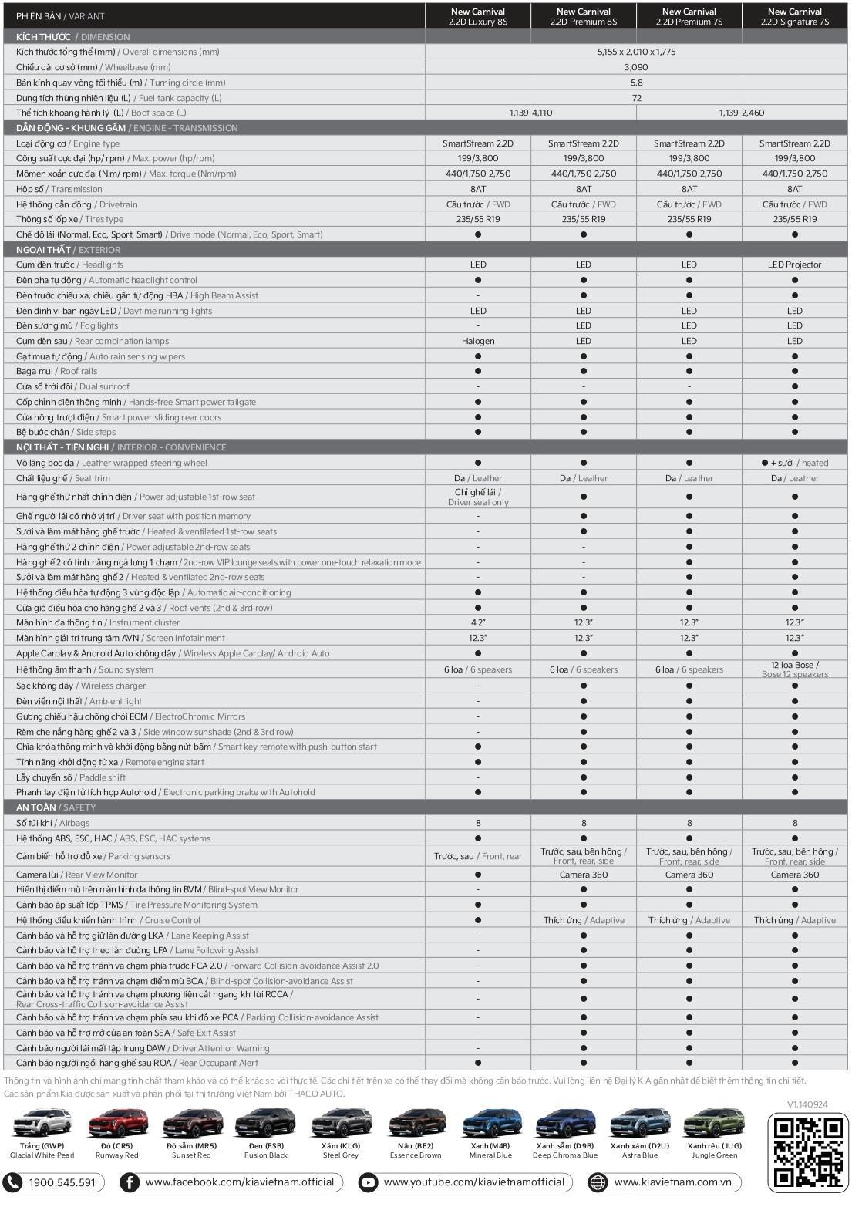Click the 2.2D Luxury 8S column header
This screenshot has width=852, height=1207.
[478, 16]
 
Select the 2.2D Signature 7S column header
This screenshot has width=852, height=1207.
[794, 16]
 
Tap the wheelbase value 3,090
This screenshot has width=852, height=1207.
[636, 67]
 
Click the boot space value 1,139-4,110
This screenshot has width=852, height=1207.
[530, 113]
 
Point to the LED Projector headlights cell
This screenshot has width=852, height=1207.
[794, 265]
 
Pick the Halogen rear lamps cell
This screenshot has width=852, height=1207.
[478, 341]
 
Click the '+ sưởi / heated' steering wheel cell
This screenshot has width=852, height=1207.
[794, 463]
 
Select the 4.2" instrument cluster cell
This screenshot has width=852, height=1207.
[478, 622]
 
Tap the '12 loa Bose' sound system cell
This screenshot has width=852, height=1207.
[794, 669]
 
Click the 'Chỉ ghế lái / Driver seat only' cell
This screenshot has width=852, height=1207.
[478, 497]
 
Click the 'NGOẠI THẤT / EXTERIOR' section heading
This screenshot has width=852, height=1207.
[68, 250]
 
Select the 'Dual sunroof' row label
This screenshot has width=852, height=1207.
[73, 386]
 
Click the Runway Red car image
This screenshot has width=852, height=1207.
[116, 1124]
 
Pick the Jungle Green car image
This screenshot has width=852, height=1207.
[714, 1124]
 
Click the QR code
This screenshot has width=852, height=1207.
[807, 1151]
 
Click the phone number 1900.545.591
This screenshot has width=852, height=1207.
[62, 1182]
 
